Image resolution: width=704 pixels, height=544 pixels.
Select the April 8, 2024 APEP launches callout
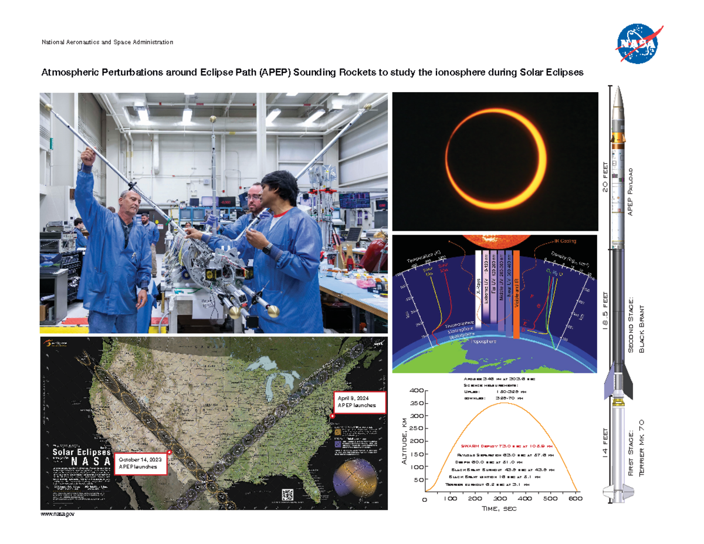coord(360,402)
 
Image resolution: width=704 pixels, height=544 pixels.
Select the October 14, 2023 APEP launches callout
coord(141,462)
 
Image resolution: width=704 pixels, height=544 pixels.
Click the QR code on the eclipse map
coord(287,494)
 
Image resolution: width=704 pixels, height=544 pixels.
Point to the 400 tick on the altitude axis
coord(415,391)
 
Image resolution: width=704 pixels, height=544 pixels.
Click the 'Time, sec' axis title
coord(500,509)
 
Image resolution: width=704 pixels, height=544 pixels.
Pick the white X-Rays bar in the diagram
coord(478,290)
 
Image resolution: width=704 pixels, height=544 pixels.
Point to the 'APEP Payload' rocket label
coord(631,191)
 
